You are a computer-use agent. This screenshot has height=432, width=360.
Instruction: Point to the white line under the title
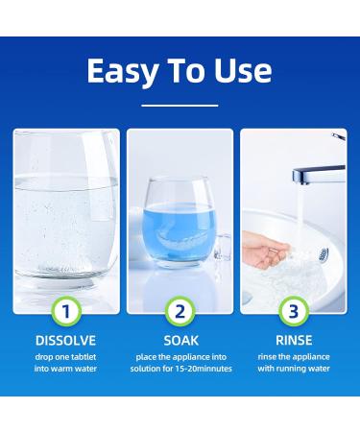(180, 105)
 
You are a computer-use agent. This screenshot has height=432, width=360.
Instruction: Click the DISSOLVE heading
(66, 340)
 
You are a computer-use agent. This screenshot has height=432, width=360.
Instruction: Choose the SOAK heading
(180, 340)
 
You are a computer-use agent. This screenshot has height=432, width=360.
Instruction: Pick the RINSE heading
(293, 340)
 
